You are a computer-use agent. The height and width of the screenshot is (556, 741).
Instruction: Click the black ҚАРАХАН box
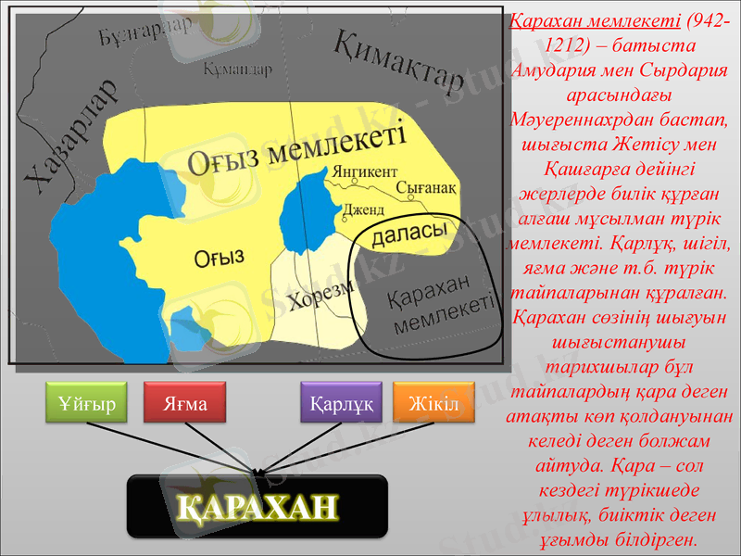point(257,506)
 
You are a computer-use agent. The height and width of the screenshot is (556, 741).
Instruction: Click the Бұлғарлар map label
point(144,34)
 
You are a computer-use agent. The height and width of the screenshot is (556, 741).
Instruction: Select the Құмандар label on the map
point(237,69)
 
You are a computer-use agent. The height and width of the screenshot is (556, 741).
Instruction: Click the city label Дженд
point(363,210)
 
